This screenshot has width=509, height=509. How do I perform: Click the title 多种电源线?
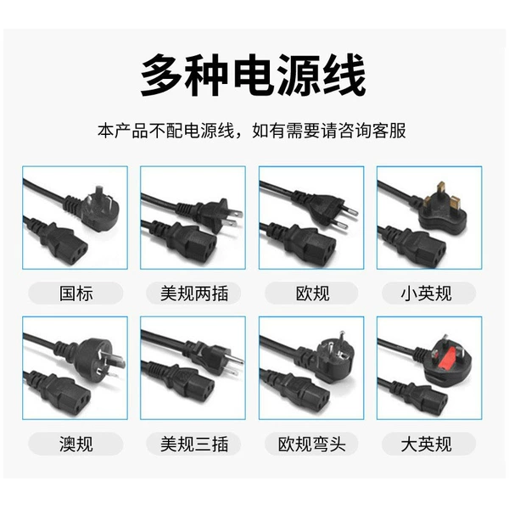point(254,76)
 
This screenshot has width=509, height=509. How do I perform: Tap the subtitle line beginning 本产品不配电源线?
point(252,131)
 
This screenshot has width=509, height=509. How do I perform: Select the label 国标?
point(76,294)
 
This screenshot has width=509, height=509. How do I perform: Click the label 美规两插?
point(194,294)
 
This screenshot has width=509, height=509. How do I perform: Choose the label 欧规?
point(312,294)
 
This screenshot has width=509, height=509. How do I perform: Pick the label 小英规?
point(426,294)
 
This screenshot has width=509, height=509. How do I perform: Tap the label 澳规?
point(76,444)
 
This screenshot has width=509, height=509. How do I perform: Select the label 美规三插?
point(194,444)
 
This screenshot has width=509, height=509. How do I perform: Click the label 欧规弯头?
point(311,444)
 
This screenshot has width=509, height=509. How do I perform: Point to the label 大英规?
point(426,444)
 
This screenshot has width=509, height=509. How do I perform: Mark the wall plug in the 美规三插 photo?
point(215,356)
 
